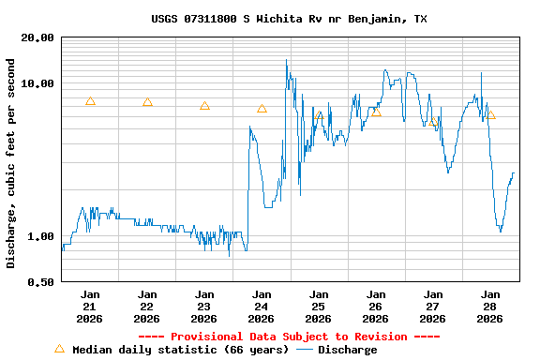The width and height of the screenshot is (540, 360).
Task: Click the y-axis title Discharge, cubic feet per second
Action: tap(11, 163)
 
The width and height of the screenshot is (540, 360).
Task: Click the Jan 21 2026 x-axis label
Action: tap(90, 306)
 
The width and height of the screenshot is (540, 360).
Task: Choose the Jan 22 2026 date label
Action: tap(147, 306)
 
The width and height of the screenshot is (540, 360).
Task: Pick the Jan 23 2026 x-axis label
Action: tap(204, 306)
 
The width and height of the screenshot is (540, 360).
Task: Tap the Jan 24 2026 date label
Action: tap(262, 306)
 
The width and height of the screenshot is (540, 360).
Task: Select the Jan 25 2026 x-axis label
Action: tap(319, 306)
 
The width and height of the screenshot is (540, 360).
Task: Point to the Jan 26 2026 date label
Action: tap(376, 306)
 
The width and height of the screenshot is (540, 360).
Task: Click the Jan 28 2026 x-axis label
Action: tap(490, 306)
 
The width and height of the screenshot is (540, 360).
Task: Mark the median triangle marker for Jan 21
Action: tap(90, 101)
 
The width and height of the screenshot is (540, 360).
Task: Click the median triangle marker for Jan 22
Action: tap(147, 102)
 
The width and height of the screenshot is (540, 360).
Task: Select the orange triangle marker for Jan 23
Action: tap(204, 106)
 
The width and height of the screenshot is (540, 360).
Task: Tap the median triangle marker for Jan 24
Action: tap(262, 109)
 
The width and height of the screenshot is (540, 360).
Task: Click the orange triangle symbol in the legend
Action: tap(59, 349)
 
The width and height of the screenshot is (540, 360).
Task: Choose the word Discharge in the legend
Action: tap(347, 350)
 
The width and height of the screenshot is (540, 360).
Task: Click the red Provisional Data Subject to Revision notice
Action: tap(289, 337)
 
